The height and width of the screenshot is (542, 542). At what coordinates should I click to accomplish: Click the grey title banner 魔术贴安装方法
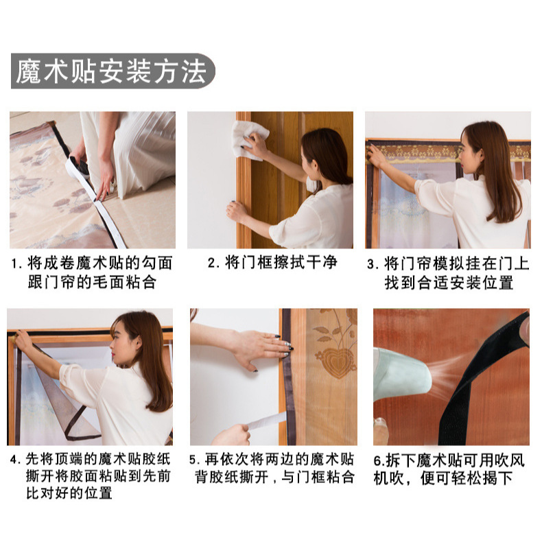[113, 71]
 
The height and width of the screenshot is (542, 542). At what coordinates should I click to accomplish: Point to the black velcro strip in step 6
[484, 377]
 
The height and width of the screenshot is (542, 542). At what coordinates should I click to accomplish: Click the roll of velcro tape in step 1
[79, 168]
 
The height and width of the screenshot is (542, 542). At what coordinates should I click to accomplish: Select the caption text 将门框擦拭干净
[281, 262]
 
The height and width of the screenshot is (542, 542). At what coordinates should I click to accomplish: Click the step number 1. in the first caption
[16, 263]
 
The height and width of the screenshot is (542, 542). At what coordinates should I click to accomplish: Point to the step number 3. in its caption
[373, 264]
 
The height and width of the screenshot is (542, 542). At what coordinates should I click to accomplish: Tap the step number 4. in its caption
[16, 460]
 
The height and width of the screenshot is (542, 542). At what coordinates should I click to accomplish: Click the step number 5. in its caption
[195, 460]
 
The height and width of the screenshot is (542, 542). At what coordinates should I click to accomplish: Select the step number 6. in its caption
[379, 461]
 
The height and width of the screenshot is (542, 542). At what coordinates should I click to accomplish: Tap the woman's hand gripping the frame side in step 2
[237, 211]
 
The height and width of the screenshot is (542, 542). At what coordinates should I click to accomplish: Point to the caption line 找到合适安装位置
[449, 283]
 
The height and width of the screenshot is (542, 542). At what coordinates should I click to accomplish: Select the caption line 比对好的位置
[69, 493]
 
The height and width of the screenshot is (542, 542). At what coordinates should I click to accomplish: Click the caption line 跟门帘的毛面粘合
[92, 283]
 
